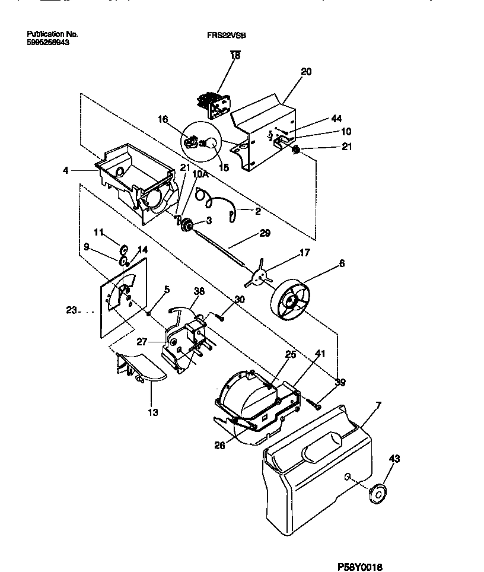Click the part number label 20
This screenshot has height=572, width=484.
305,71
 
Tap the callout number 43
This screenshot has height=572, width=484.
394,459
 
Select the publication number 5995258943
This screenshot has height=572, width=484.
52,43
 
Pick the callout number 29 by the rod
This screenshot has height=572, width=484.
265,233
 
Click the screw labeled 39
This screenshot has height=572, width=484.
314,405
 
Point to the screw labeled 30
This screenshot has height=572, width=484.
220,319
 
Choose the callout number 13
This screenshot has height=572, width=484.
153,412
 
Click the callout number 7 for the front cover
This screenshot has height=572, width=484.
378,405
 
